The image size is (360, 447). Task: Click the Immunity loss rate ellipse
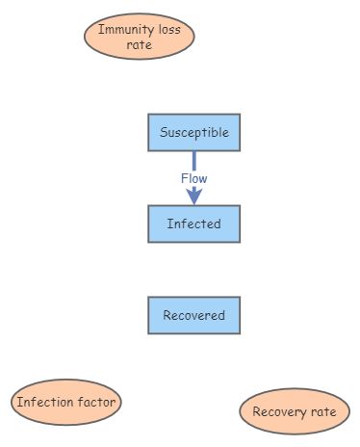[x=140, y=37]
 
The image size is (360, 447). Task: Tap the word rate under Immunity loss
[x=140, y=44]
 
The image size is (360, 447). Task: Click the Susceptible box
[x=193, y=133]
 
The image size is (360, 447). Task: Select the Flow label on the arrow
[x=193, y=178]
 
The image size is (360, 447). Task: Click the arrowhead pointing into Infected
[x=193, y=197]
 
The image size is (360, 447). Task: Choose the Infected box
[x=193, y=223]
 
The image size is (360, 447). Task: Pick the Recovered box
[x=193, y=315]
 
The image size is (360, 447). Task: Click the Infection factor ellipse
[x=66, y=402]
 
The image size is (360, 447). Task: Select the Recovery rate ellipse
[x=295, y=412]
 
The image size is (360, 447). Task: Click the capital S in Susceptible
[x=164, y=133]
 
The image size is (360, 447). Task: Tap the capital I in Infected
[x=168, y=223]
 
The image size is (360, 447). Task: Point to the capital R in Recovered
[x=167, y=315]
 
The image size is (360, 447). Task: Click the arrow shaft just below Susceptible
[x=193, y=159]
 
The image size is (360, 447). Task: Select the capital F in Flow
[x=184, y=178]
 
